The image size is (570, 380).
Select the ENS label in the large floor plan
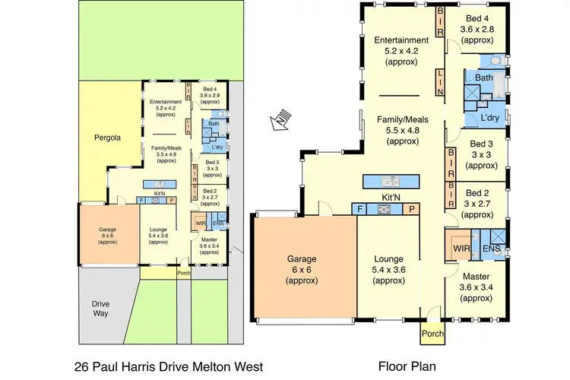click(492, 248)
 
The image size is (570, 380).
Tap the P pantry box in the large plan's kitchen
click(412, 209)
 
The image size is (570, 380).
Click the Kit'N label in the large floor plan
click(388, 198)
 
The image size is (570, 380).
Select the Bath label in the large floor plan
click(484, 78)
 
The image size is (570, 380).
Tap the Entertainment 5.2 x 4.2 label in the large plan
click(395, 49)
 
